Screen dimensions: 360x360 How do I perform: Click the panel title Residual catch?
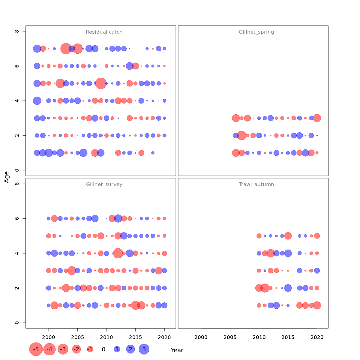coord(104,32)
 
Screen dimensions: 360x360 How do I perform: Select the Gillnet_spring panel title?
coord(256,32)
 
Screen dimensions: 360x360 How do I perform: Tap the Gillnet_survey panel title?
coord(104,184)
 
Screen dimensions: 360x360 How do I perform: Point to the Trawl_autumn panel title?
coord(256,184)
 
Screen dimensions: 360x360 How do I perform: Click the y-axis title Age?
coord(7,177)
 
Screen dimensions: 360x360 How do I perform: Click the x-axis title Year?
coord(177,350)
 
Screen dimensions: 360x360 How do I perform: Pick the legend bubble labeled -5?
coord(36,349)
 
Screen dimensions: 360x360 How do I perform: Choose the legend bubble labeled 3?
coord(144,349)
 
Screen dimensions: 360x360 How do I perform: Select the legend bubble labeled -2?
coord(76,349)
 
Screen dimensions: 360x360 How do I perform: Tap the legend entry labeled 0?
coord(103,349)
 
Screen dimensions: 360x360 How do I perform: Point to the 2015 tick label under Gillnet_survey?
coord(135,337)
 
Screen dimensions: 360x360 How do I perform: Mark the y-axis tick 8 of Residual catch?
coord(17,31)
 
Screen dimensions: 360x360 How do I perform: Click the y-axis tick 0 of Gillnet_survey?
coord(17,323)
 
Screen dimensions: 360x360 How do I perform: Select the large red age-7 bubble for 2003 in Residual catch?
coord(66,49)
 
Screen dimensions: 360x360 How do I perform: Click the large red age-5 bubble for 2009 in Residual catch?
coord(101,83)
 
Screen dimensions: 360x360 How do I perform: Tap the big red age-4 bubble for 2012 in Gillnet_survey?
coord(118,253)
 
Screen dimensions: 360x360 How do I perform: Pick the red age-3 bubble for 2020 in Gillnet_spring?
coord(317,118)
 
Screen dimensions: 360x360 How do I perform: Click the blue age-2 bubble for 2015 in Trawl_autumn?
coord(288,288)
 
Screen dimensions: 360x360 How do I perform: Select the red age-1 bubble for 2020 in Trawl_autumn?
coord(317,305)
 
